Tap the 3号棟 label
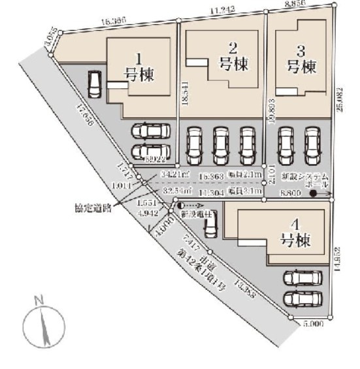point(302,58)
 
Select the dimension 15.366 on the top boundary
point(114,21)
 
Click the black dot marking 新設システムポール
point(314,194)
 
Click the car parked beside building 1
point(95,84)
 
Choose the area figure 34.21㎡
point(174,175)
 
